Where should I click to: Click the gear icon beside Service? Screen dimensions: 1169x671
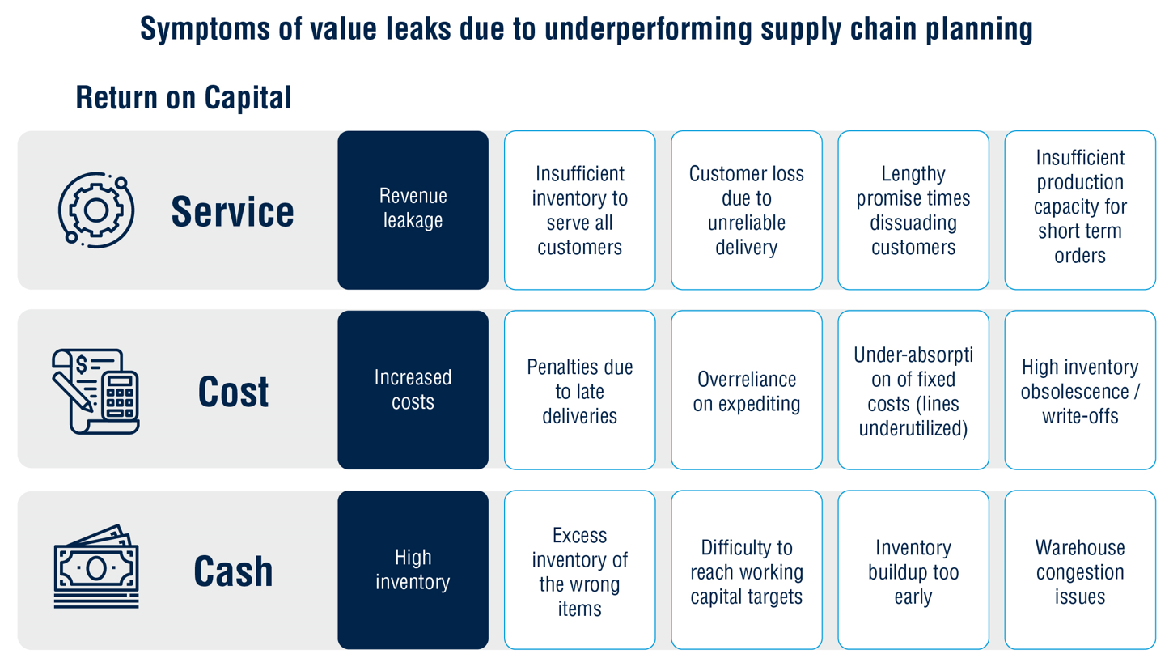96,210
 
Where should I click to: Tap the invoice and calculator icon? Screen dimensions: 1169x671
96,391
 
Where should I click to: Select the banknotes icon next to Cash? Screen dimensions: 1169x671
96,567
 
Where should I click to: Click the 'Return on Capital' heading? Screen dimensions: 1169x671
184,98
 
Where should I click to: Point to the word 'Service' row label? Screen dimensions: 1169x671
233,211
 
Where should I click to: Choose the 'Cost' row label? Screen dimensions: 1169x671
233,392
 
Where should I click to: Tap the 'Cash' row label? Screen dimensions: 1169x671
233,571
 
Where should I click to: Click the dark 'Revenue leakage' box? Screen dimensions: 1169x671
413,210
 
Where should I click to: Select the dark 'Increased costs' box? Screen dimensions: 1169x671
413,390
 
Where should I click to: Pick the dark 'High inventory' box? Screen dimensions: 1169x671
413,570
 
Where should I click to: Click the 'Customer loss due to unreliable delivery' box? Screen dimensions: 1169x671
747,210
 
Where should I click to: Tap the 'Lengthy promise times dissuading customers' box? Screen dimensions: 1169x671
913,210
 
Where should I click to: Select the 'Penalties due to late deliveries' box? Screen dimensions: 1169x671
580,390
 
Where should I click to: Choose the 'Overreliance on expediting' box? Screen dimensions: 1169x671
747,390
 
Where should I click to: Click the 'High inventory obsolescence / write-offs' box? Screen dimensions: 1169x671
1080,390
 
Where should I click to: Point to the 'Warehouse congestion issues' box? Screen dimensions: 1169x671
1080,570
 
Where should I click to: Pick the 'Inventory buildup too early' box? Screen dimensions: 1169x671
913,570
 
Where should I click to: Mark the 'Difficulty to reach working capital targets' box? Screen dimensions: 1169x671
747,570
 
